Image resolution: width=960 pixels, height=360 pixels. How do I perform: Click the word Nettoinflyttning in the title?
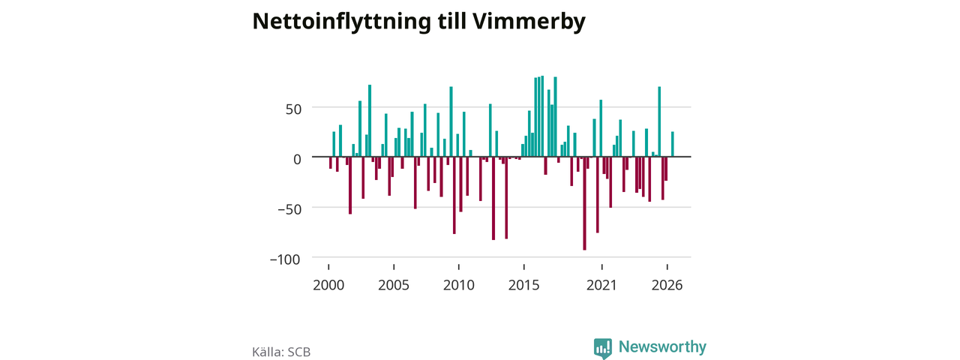(x=341, y=22)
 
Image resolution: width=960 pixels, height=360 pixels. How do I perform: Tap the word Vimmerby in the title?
(x=529, y=22)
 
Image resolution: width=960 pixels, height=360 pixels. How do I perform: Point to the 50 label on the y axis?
(x=293, y=109)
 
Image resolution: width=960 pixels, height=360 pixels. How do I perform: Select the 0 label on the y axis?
(x=298, y=160)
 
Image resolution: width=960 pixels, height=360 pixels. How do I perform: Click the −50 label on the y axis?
(x=289, y=209)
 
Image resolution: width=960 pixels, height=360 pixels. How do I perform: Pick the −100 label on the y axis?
(x=286, y=259)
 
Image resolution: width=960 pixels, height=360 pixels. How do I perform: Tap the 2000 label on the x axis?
(x=328, y=286)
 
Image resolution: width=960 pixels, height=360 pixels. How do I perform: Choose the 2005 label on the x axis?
(x=394, y=286)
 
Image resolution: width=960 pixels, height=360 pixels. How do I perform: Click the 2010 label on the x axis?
(x=458, y=286)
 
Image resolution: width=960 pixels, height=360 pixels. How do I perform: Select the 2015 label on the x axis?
(x=523, y=286)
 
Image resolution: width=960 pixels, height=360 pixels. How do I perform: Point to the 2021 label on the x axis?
(x=601, y=286)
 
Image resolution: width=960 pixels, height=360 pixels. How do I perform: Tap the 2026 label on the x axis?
(x=667, y=286)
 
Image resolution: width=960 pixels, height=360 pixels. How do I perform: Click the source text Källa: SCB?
(x=281, y=352)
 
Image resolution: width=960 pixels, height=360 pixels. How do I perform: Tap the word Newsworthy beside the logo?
(x=662, y=346)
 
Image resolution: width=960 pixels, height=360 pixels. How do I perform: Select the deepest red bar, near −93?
(x=584, y=203)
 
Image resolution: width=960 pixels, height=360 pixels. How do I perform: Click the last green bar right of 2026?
(x=673, y=145)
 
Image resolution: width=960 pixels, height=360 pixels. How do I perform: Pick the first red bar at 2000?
(x=331, y=163)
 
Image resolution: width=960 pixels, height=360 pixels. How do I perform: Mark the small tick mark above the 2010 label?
(x=458, y=267)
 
